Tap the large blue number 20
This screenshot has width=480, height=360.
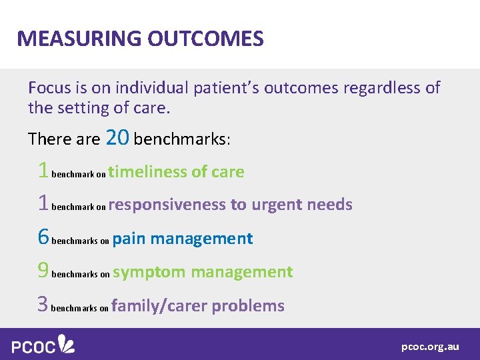point(118,138)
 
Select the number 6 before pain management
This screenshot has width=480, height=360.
point(43,237)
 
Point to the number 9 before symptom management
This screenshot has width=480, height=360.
point(43,271)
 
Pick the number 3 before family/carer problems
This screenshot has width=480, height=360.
point(43,305)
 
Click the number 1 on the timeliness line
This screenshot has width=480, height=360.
point(43,171)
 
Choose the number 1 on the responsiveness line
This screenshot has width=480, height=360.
point(43,203)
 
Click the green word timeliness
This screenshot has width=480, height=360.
point(147,171)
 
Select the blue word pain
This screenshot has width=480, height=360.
point(129,238)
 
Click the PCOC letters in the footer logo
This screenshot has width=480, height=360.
point(33,346)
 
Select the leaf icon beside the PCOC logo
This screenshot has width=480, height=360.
point(67,344)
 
